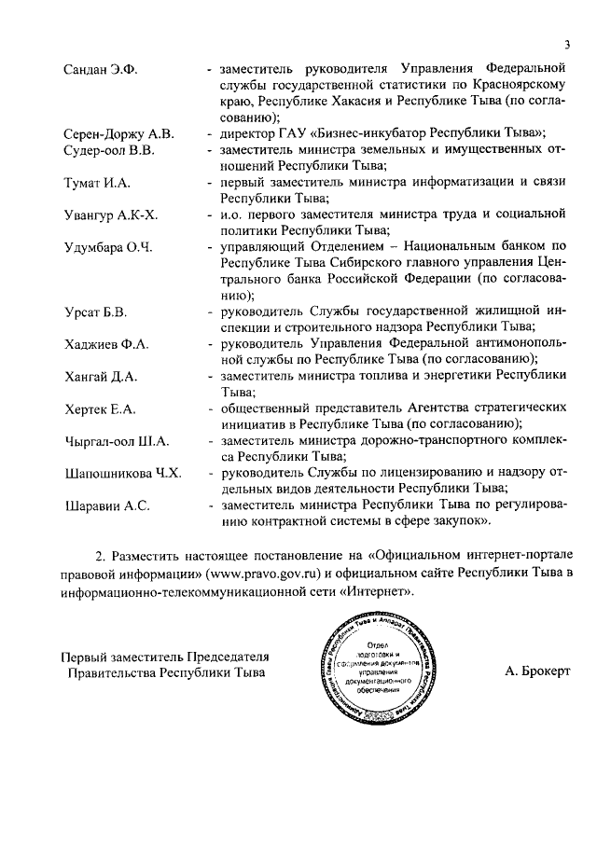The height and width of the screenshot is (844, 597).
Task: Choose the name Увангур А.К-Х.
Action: (111, 215)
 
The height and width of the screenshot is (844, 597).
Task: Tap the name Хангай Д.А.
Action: (101, 377)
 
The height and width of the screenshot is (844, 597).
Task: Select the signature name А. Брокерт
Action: (535, 671)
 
